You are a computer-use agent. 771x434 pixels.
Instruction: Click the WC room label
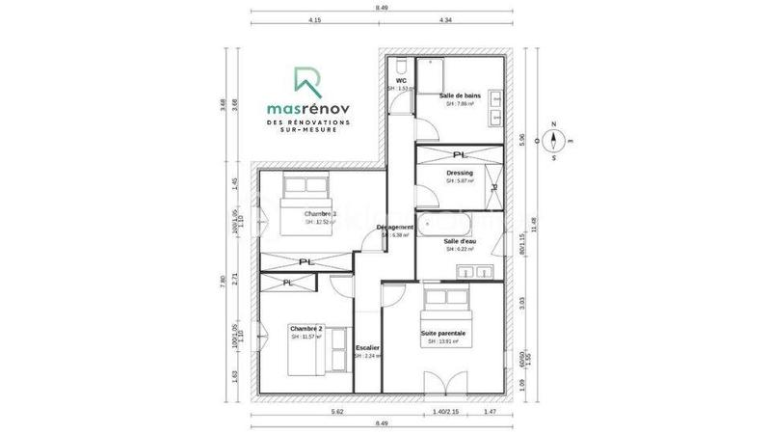pos(400,80)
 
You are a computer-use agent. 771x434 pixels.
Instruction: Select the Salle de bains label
pos(460,96)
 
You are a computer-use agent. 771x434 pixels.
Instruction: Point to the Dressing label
pos(459,174)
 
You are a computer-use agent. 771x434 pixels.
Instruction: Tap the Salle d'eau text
pos(460,241)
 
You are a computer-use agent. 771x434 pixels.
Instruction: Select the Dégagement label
pos(396,228)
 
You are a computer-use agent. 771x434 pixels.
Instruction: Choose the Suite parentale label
pos(443,334)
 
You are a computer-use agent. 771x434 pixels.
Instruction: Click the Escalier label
pos(367,347)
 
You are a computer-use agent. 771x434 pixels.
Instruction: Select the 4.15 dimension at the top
pos(314,19)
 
